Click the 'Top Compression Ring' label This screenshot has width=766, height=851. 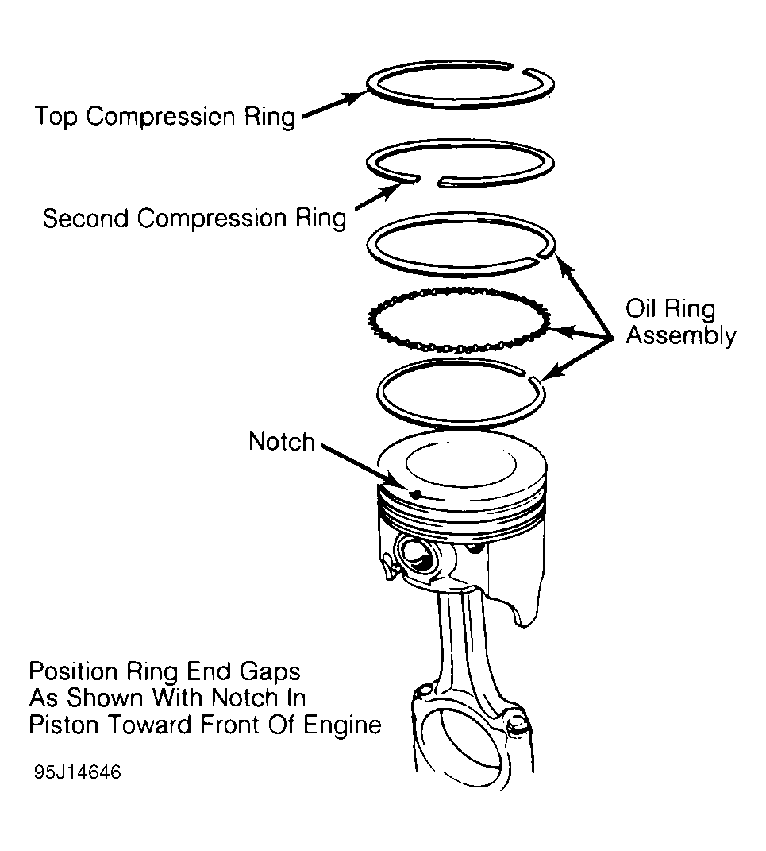(x=164, y=116)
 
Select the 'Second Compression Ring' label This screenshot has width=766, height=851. (x=194, y=219)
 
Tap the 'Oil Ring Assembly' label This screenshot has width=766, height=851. (x=679, y=322)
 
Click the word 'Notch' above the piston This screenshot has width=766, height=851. (x=282, y=442)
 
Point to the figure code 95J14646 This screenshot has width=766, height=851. (x=77, y=772)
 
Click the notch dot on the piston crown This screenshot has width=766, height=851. (x=414, y=493)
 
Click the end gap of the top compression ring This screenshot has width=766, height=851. (x=520, y=67)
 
